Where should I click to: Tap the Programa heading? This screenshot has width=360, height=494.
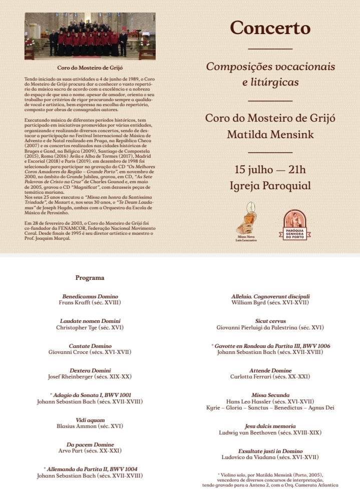click(90, 277)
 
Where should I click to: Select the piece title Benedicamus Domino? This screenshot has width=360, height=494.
click(90, 296)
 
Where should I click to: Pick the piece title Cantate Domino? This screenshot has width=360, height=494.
click(90, 346)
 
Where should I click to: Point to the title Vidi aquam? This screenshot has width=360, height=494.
click(90, 419)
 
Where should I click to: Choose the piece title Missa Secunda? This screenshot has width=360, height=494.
click(270, 395)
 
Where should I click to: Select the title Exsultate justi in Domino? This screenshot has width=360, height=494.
click(270, 451)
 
